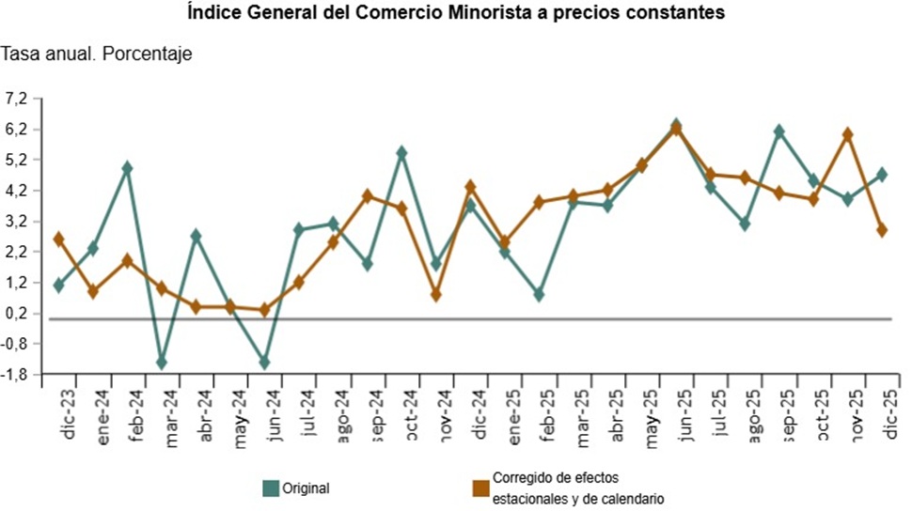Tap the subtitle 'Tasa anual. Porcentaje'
point(97,54)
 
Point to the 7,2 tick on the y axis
point(19,98)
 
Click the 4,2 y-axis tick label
point(19,191)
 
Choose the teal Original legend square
point(272,488)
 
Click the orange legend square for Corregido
point(480,488)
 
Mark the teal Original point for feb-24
point(127,168)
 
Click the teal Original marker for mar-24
point(162,363)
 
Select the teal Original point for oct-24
point(401,152)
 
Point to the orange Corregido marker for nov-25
point(848,134)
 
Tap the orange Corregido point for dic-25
point(882,229)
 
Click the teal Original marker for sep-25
point(778,132)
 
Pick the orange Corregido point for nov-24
point(436,295)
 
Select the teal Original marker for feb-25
point(539,295)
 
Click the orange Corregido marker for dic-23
point(58,239)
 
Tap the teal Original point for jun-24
point(264,363)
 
